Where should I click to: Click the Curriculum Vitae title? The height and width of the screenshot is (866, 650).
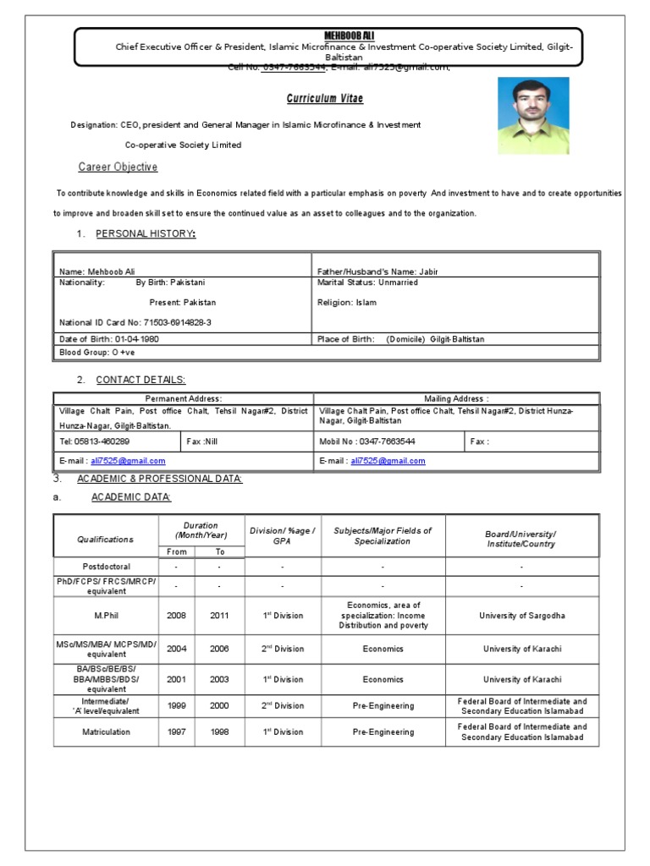pos(324,99)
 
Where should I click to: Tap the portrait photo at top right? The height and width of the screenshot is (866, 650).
pos(532,116)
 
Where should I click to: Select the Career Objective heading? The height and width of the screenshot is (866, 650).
pos(118,167)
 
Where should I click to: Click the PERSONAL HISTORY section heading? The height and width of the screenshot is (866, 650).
pos(146,233)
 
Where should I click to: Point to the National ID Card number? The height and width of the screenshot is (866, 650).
pos(135,322)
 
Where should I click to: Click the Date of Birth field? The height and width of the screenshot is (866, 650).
pos(108,339)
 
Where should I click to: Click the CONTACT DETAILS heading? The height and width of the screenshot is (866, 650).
pos(140,380)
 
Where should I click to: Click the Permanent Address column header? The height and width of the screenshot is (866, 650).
pos(183,397)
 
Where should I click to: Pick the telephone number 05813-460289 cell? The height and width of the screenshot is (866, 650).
pos(94,441)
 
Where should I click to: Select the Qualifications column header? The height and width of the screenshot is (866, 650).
pos(106,539)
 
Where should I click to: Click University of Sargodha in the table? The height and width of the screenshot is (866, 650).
pos(522,616)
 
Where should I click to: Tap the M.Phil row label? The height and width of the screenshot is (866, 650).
pos(106,616)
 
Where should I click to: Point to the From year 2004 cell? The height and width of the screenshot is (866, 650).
pos(176,649)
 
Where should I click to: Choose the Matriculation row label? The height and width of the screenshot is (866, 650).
pos(106,732)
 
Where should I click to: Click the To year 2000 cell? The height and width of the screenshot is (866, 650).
pos(219,706)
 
